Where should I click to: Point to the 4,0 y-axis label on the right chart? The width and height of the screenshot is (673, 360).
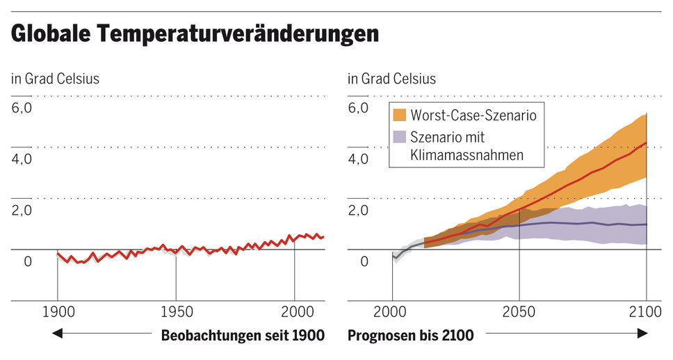[x=359, y=159]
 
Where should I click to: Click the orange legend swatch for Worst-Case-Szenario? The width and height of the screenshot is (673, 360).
[x=400, y=115]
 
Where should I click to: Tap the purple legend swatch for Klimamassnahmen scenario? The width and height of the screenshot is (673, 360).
[x=400, y=137]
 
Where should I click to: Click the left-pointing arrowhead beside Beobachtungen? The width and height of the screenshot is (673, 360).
[x=58, y=335]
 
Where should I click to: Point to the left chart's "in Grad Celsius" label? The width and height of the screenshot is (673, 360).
[x=55, y=79]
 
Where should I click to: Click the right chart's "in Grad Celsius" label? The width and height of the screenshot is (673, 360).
[x=391, y=79]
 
